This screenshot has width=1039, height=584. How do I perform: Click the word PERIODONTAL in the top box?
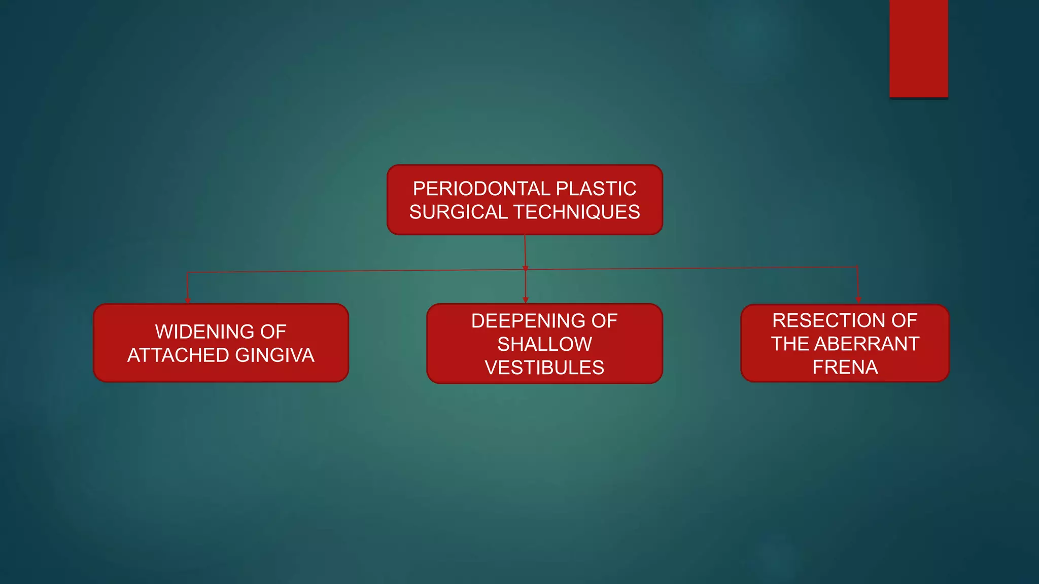[x=481, y=189]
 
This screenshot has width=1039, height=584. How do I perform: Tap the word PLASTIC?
[x=596, y=189]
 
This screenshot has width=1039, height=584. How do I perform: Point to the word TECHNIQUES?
[x=577, y=212]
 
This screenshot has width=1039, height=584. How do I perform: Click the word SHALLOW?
[x=544, y=344]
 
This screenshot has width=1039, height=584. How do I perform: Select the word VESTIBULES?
[x=544, y=368]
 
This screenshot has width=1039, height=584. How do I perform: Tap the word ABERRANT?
[x=867, y=344]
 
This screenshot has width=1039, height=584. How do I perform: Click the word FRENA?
[x=845, y=367]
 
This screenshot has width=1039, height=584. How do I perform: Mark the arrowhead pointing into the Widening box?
[x=188, y=300]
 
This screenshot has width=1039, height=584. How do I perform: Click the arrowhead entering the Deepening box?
[x=526, y=300]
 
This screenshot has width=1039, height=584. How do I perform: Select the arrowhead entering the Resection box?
[x=858, y=300]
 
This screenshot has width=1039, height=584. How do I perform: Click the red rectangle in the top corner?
[x=918, y=49]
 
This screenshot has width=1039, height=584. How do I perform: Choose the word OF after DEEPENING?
[x=604, y=321]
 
